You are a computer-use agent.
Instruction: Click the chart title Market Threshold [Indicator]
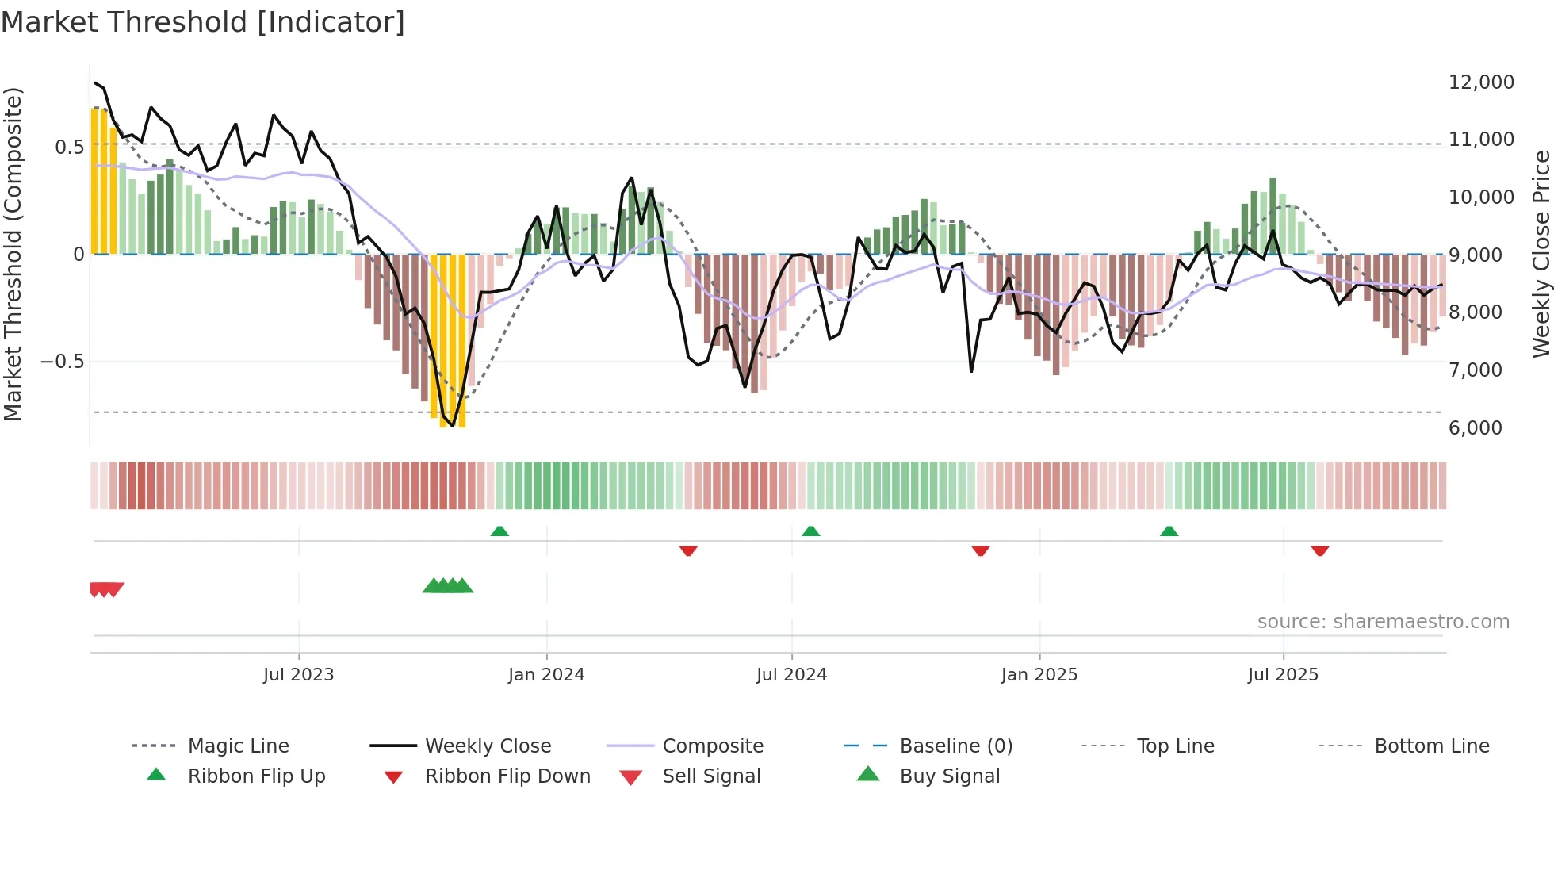point(203,22)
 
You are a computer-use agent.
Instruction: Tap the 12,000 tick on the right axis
point(1480,82)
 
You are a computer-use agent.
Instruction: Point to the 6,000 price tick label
point(1475,428)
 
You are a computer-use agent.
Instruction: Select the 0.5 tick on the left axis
point(69,148)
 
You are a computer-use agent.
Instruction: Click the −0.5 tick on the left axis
point(63,362)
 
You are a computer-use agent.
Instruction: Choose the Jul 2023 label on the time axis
point(298,675)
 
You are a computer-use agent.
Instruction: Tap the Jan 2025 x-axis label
point(1039,675)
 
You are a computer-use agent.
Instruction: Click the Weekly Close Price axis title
point(1541,254)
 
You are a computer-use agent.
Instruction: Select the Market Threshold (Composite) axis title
point(13,254)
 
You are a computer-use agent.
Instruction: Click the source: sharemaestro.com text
point(1383,622)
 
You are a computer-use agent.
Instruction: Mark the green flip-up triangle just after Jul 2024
point(810,531)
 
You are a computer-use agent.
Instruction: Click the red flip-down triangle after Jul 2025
point(1319,550)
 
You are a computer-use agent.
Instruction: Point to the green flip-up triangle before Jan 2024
point(499,531)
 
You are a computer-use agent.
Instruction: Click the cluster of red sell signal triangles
point(106,589)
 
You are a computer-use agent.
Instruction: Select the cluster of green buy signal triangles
point(448,586)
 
